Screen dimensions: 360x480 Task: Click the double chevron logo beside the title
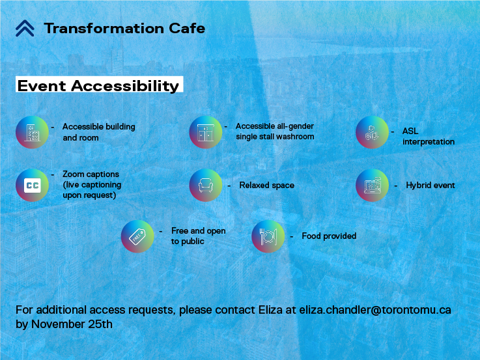25,28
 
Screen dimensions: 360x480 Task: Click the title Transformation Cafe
124,28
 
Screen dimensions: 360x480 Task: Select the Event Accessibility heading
98,86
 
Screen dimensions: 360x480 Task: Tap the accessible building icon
32,132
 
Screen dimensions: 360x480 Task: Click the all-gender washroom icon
206,132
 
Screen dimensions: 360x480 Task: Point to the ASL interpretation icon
372,132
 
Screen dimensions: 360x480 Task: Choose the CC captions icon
32,185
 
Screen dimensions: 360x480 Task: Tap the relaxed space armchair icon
206,185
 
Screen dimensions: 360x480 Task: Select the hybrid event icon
372,185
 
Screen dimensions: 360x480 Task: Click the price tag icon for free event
137,236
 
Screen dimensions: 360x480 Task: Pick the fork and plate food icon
268,236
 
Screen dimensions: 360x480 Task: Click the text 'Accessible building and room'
98,132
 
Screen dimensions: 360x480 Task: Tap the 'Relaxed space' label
266,186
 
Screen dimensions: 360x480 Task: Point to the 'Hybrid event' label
430,186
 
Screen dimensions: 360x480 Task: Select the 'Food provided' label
329,236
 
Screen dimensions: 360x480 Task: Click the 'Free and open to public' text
198,236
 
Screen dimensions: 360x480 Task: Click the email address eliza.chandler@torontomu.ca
374,310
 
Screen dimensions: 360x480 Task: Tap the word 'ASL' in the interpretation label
410,132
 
